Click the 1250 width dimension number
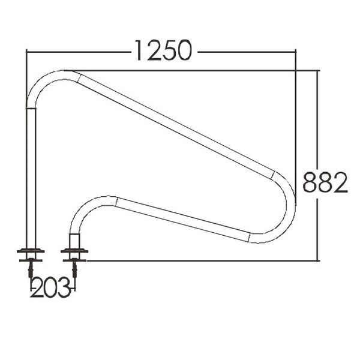coord(163,50)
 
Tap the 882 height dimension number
coord(325,182)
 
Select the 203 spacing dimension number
coord(50,287)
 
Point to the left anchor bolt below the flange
coord(31,269)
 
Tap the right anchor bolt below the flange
coord(74,269)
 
